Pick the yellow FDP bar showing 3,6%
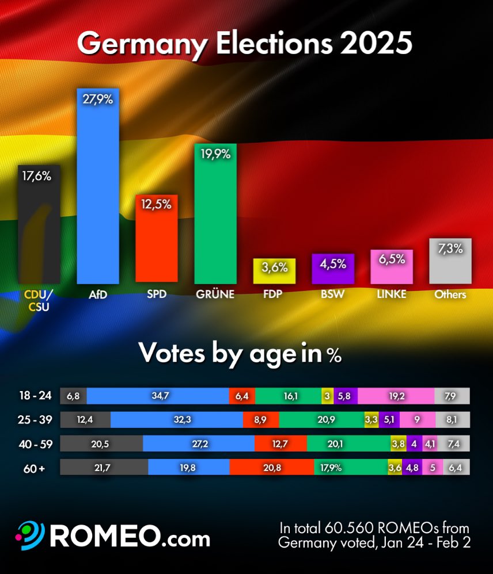[275, 271]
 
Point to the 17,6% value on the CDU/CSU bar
[37, 177]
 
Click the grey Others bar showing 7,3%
[450, 261]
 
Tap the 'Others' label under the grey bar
[450, 294]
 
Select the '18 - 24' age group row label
[35, 396]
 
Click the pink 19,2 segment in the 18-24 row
[396, 396]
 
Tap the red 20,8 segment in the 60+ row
[271, 468]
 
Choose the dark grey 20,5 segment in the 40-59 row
[101, 444]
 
